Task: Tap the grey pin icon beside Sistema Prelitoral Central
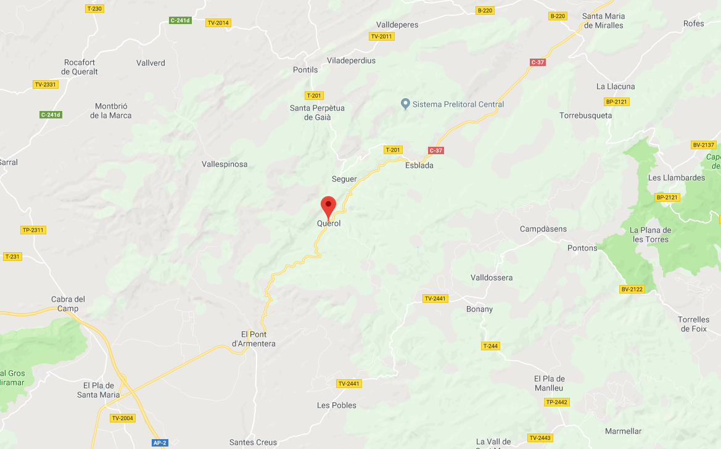[405, 104]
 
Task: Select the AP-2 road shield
[160, 443]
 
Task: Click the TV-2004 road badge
[122, 418]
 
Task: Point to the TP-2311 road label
[33, 230]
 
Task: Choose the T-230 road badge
[94, 9]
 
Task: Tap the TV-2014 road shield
[218, 23]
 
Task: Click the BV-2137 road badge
[703, 145]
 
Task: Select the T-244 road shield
[490, 346]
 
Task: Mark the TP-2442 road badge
[557, 402]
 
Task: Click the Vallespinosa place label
[225, 164]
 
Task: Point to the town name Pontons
[582, 248]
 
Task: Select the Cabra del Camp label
[68, 304]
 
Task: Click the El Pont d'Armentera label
[253, 339]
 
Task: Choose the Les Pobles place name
[336, 405]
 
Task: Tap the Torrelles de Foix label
[694, 324]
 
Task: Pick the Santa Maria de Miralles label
[603, 20]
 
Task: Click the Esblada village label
[419, 165]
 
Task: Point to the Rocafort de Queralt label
[81, 67]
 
